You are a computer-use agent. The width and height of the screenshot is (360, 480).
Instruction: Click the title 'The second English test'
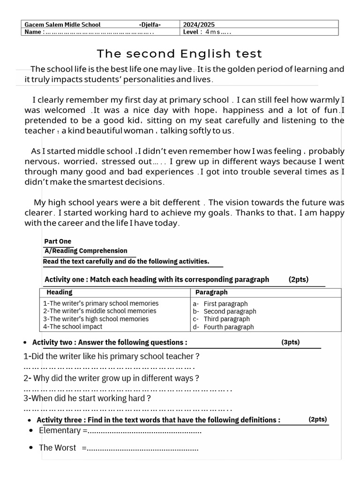click(x=180, y=53)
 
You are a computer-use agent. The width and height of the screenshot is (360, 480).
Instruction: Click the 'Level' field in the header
click(x=206, y=32)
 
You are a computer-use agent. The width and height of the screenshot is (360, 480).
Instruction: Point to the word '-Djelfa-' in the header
click(x=150, y=24)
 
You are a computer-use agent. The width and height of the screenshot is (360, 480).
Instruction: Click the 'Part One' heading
click(x=58, y=241)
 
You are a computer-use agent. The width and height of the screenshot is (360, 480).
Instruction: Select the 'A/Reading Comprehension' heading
click(x=86, y=251)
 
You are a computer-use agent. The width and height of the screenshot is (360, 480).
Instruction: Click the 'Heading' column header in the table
click(x=60, y=292)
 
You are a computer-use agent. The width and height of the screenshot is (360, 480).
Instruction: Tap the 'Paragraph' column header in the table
click(x=211, y=292)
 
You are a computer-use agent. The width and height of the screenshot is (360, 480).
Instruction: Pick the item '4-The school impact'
click(x=73, y=327)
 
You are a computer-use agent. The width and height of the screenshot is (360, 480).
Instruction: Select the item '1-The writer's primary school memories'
click(x=101, y=303)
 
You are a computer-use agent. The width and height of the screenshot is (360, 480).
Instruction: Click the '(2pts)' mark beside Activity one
click(x=299, y=279)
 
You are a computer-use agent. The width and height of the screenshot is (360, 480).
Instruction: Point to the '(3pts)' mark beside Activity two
click(x=291, y=342)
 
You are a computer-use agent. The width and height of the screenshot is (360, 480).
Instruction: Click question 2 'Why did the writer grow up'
click(x=112, y=378)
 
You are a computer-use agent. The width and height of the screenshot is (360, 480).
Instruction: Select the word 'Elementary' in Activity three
click(x=60, y=430)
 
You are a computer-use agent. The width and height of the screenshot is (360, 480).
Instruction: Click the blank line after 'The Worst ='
click(x=143, y=448)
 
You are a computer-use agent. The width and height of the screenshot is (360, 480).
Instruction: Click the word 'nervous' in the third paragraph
click(x=37, y=161)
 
